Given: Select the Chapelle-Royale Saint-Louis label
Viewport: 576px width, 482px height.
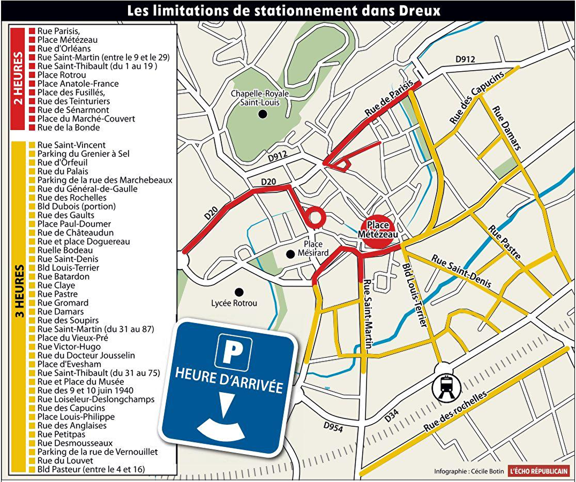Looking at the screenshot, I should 260,98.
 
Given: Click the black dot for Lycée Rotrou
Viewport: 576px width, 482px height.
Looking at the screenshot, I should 239,292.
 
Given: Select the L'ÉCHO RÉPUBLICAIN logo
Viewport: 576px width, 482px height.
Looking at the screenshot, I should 538,471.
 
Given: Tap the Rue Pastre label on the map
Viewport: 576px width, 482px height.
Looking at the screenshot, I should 504,242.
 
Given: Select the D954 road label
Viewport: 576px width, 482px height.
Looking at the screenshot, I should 333,426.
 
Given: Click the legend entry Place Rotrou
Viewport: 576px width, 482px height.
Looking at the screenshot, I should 62,75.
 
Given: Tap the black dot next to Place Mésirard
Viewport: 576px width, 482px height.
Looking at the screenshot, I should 290,253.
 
